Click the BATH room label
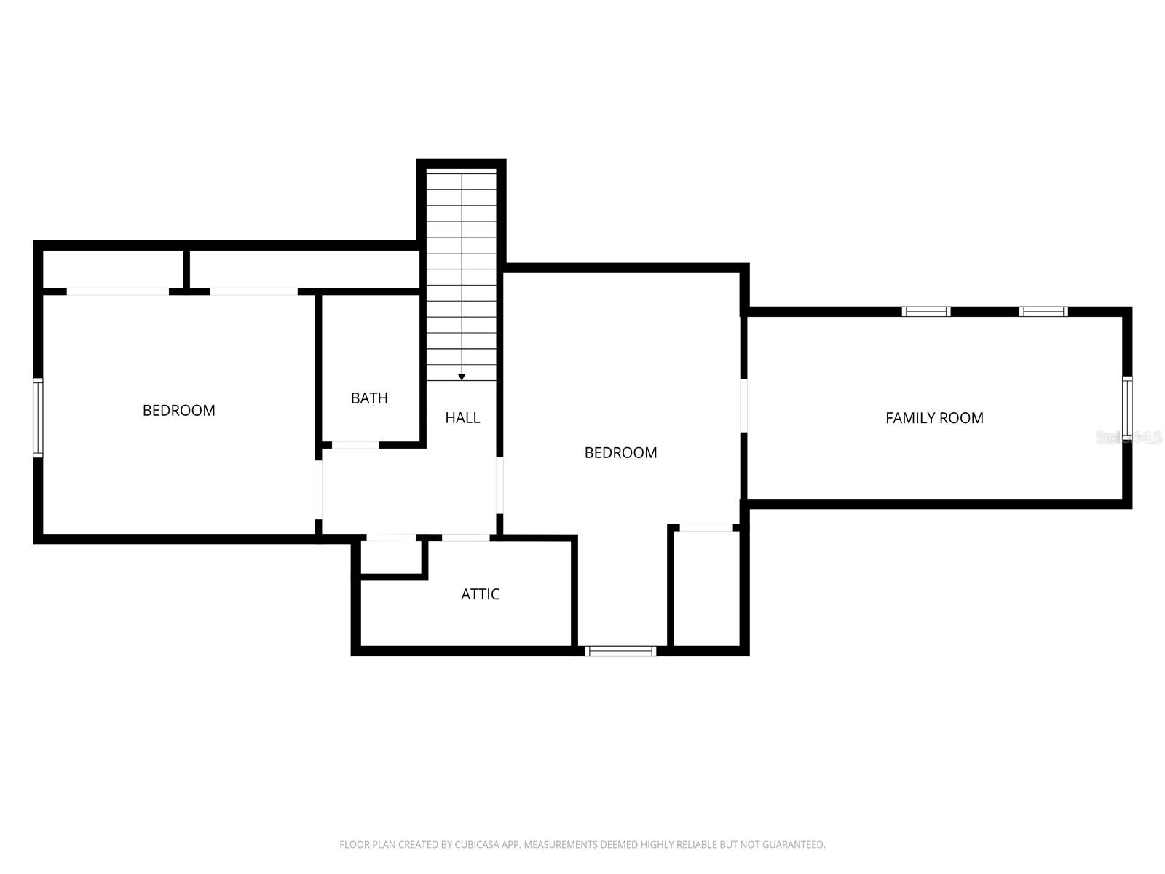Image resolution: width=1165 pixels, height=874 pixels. (369, 398)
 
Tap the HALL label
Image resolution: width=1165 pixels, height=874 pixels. (462, 418)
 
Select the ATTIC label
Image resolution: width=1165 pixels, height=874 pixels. (480, 594)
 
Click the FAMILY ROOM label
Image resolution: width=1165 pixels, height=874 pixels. (934, 418)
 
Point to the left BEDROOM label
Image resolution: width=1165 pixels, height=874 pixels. (179, 411)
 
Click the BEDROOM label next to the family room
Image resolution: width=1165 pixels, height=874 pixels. (620, 453)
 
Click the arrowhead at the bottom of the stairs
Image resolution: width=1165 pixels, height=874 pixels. (462, 377)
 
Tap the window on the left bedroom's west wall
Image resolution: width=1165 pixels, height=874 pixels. (38, 417)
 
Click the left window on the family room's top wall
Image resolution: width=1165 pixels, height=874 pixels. (926, 312)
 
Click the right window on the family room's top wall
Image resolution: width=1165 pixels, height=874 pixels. (1043, 312)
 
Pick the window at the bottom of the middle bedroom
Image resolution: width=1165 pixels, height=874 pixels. (621, 650)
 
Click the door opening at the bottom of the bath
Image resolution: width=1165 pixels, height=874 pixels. (355, 444)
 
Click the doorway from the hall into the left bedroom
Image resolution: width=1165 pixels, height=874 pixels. (319, 489)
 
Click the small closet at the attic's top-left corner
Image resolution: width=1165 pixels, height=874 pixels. (392, 556)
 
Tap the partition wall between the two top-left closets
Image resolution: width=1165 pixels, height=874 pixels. (186, 269)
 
